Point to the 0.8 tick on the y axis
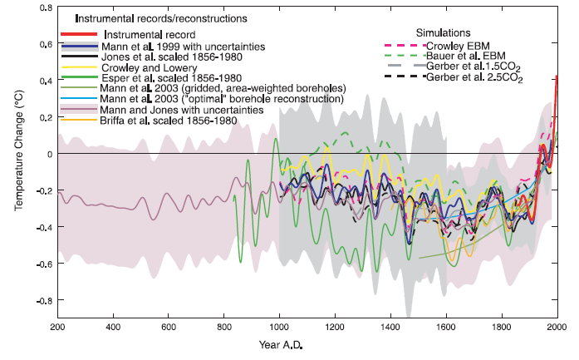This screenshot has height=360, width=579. [x=42, y=7]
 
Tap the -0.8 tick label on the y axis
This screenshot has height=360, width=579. [x=40, y=301]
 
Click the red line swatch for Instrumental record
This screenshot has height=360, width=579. [x=78, y=35]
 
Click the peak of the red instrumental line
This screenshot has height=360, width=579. [x=557, y=76]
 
